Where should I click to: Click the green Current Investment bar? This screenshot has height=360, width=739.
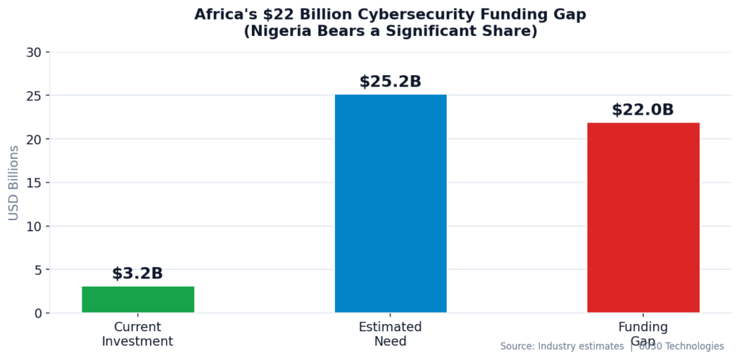[138, 299]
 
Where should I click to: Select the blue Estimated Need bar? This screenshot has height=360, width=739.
[390, 203]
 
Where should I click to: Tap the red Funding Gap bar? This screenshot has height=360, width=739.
[643, 217]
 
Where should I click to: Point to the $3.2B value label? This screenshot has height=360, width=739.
[137, 274]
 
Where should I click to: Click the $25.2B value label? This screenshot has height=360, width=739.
[390, 82]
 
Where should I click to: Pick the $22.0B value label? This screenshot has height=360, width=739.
[642, 110]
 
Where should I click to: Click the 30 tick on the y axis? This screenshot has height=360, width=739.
[33, 53]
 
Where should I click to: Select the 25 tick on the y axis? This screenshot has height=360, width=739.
[33, 96]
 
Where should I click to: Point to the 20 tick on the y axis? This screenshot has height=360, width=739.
[33, 139]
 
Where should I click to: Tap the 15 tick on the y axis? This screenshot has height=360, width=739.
[33, 183]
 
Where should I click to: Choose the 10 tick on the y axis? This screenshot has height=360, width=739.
[33, 227]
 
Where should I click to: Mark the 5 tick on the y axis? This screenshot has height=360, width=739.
[38, 270]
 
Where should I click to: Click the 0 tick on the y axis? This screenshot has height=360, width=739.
[38, 313]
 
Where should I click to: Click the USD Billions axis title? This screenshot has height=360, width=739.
[14, 183]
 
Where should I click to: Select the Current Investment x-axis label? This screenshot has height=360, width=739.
[137, 334]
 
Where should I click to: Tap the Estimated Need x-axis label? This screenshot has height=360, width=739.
[390, 334]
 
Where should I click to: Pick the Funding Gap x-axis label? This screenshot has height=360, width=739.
[642, 334]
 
